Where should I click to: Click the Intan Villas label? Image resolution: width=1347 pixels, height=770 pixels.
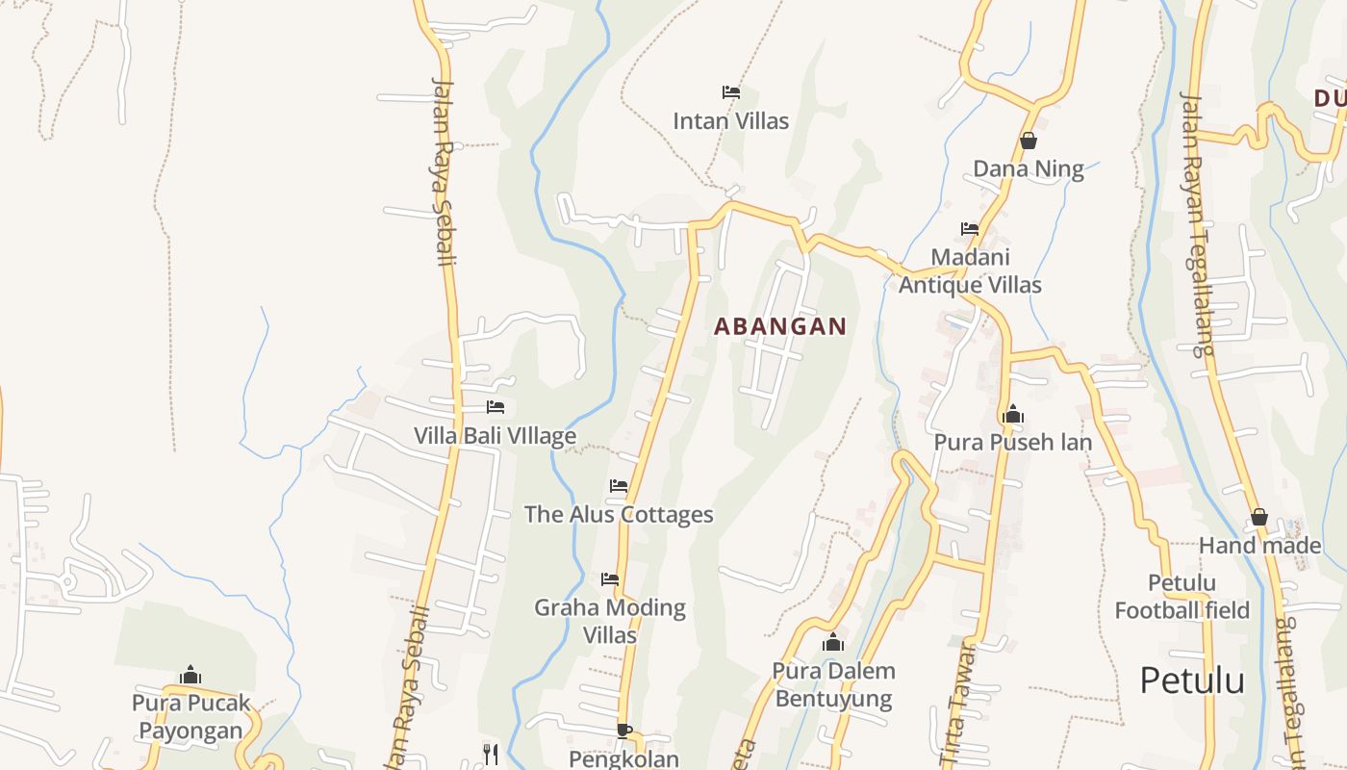[730, 121]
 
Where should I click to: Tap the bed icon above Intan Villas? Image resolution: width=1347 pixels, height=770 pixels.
[730, 92]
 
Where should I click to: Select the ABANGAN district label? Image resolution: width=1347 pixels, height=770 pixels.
[780, 326]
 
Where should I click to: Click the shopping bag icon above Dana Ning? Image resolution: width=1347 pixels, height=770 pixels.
[1028, 141]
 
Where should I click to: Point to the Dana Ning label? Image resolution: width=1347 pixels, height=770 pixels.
[1028, 169]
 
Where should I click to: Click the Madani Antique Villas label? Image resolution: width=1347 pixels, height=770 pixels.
[970, 270]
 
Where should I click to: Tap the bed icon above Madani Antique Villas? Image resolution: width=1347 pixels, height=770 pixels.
[970, 229]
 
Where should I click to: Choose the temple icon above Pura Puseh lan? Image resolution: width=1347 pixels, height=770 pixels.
[1012, 415]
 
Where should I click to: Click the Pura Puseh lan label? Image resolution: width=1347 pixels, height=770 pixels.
[1012, 443]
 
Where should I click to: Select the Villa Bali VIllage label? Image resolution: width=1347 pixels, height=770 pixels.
[495, 435]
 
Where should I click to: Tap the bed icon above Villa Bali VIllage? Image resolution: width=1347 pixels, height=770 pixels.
[495, 407]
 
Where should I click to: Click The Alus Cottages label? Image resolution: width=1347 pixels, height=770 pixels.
[619, 514]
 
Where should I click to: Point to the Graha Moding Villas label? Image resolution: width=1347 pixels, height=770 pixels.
[610, 621]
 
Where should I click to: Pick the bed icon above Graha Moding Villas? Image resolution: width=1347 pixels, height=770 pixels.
[610, 579]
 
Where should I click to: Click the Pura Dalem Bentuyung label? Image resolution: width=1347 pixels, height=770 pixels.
[833, 684]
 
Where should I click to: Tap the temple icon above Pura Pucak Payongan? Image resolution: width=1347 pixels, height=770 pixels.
[191, 675]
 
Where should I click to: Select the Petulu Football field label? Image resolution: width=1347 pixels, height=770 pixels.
[1182, 597]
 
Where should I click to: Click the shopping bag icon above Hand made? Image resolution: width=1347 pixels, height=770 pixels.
[1258, 518]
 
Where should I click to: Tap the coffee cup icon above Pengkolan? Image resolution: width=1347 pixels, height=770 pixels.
[623, 731]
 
